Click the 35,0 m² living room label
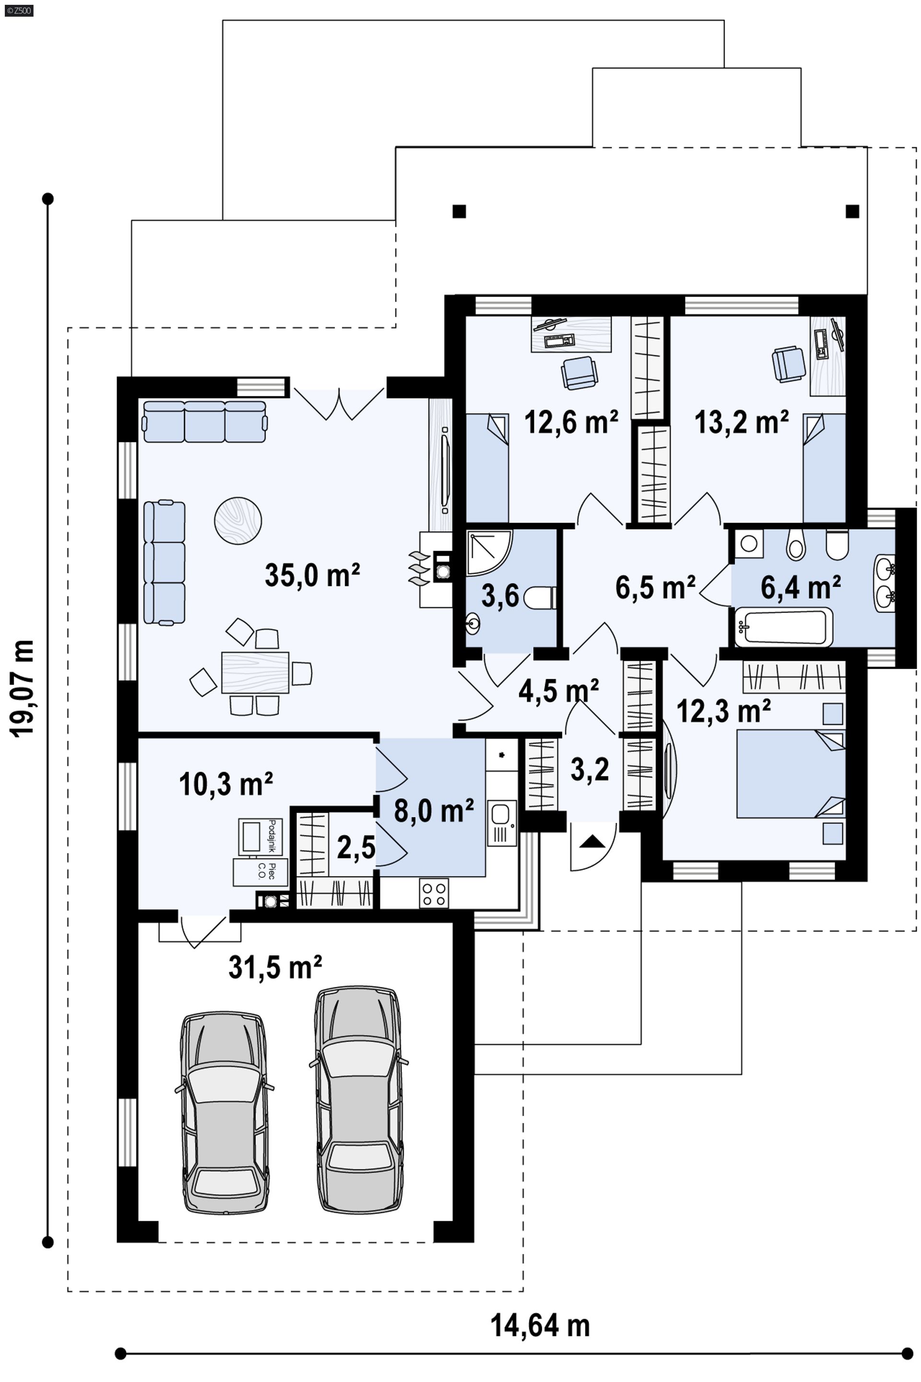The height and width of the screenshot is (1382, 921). pyautogui.click(x=312, y=575)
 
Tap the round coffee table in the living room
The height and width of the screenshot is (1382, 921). pyautogui.click(x=238, y=521)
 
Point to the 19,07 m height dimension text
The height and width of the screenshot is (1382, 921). pyautogui.click(x=23, y=688)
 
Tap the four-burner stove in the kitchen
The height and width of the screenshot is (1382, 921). pyautogui.click(x=434, y=894)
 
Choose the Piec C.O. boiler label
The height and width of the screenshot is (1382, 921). pyautogui.click(x=261, y=872)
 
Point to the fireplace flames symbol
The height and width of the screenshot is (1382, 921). pyautogui.click(x=418, y=568)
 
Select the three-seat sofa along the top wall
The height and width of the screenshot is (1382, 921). pyautogui.click(x=205, y=421)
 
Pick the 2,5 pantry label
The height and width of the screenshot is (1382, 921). pyautogui.click(x=356, y=847)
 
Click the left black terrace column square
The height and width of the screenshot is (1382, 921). pyautogui.click(x=459, y=211)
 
